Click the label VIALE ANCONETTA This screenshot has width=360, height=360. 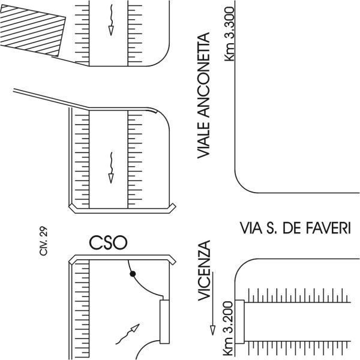[205, 97]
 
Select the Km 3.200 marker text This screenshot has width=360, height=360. [229, 326]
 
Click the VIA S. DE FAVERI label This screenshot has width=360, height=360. [295, 229]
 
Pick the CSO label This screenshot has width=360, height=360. [109, 242]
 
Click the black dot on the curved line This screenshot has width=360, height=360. [133, 274]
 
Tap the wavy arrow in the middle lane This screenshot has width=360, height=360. [110, 166]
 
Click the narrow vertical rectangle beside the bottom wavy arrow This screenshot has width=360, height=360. [164, 322]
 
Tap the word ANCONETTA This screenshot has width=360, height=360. [205, 78]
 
